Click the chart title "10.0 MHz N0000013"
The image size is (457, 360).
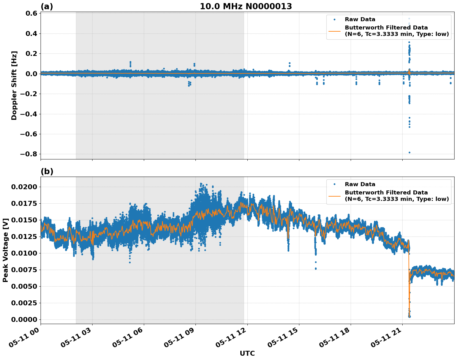point(246,6)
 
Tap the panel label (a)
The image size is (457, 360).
point(47,6)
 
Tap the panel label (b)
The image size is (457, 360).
point(47,171)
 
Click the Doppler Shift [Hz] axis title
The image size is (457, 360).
point(14,85)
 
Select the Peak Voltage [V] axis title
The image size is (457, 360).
point(5,250)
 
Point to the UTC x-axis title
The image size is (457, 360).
point(247,354)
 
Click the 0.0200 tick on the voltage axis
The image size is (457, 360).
point(25,187)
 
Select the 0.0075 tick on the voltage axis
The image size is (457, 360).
point(25,270)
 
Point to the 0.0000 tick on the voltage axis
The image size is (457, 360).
point(25,319)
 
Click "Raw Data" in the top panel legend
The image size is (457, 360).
point(360,19)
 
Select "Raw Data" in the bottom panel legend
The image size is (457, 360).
point(360,184)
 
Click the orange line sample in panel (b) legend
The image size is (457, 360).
point(334,196)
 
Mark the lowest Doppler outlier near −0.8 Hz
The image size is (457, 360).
point(409,152)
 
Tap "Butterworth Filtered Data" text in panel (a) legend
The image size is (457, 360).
point(386,28)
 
